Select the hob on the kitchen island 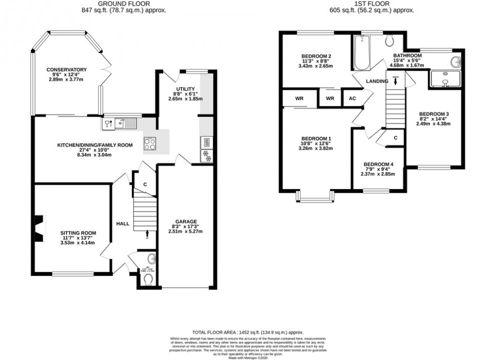(149, 143)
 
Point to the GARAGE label (186, 222)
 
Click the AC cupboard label (353, 98)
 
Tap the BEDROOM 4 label (378, 164)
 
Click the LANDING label (378, 81)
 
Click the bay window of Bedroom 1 (315, 197)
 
